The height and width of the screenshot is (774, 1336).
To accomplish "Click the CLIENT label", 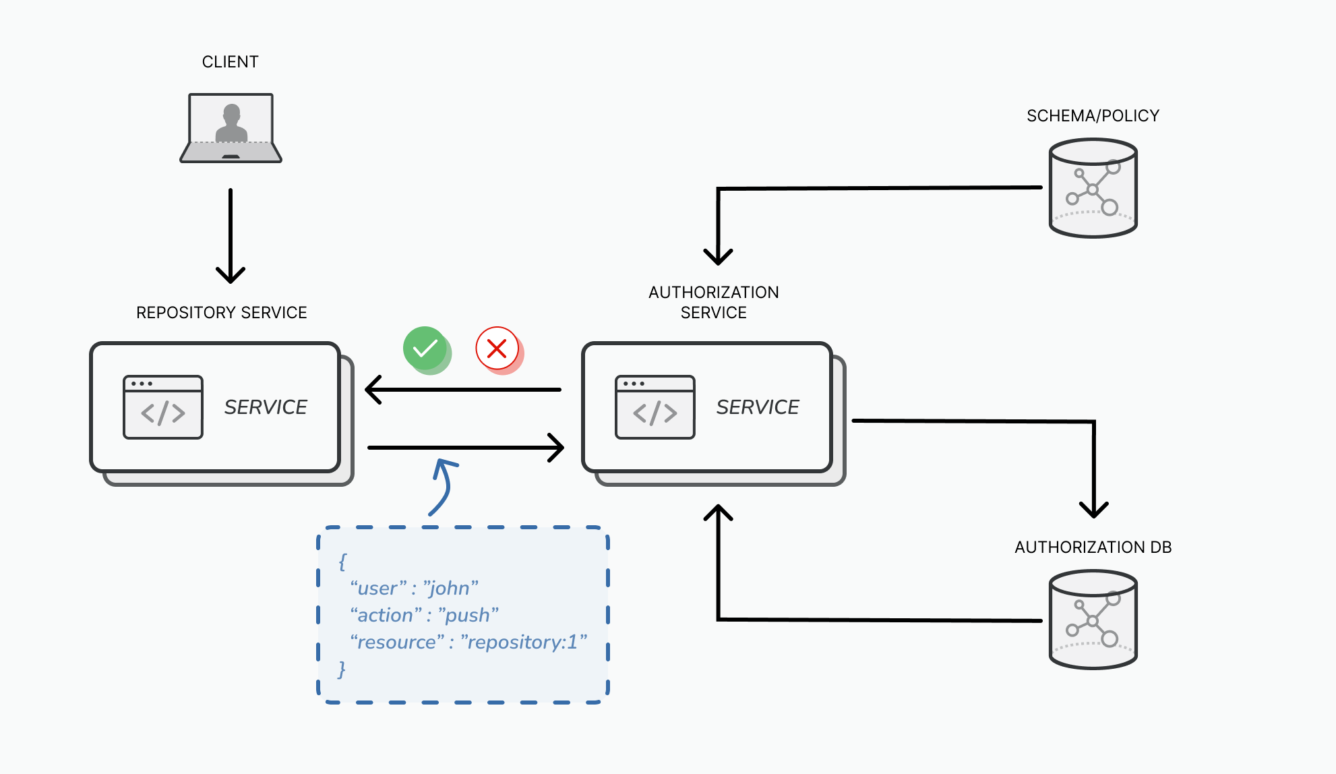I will pyautogui.click(x=230, y=62).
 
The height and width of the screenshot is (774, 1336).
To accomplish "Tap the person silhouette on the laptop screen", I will pyautogui.click(x=231, y=123).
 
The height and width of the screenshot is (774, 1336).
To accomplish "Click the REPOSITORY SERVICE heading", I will pyautogui.click(x=221, y=313).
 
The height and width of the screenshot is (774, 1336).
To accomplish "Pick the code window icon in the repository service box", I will pyautogui.click(x=163, y=407).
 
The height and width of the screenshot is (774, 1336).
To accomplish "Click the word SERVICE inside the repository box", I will pyautogui.click(x=266, y=407).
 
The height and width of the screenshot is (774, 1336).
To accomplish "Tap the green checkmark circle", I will pyautogui.click(x=425, y=349).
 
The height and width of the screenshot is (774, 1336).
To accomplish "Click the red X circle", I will pyautogui.click(x=497, y=349).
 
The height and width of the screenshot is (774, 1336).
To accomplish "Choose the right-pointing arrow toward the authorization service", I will pyautogui.click(x=465, y=447).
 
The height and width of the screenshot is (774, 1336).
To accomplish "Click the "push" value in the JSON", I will pyautogui.click(x=468, y=616).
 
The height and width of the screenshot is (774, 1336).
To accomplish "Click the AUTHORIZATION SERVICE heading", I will pyautogui.click(x=713, y=302).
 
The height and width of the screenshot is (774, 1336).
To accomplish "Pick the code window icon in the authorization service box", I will pyautogui.click(x=655, y=407).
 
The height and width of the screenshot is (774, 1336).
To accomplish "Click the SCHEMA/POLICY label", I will pyautogui.click(x=1093, y=116).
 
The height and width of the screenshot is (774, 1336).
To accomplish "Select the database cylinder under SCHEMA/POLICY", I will pyautogui.click(x=1093, y=188).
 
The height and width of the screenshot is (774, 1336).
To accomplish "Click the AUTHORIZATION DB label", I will pyautogui.click(x=1093, y=547).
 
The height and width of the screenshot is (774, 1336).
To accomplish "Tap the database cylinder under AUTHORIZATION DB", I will pyautogui.click(x=1093, y=620).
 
